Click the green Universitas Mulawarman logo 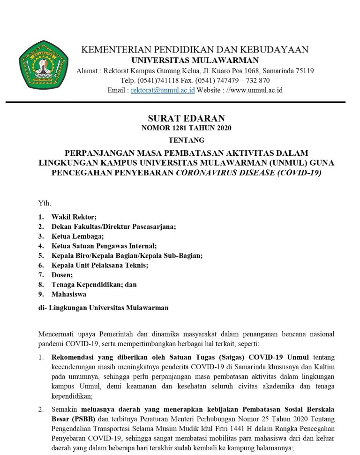(44, 65)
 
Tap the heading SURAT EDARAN (187, 118)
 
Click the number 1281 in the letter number (180, 128)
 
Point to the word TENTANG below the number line (187, 140)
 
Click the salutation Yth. (45, 203)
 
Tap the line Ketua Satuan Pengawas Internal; (104, 246)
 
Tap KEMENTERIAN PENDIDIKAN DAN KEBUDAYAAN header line (195, 50)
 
